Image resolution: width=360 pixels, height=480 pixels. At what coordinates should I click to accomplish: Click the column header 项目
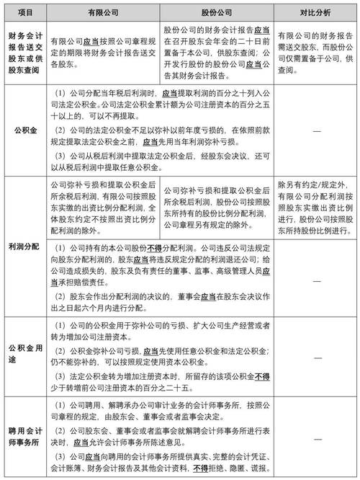(x=25, y=12)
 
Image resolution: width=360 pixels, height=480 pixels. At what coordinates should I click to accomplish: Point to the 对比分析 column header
(x=315, y=12)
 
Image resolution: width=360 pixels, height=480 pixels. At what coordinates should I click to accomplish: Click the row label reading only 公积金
(x=25, y=130)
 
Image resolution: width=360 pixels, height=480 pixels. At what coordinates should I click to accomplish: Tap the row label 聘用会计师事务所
(x=25, y=435)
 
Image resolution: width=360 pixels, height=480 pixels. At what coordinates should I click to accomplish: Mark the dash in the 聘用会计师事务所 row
(x=315, y=435)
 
